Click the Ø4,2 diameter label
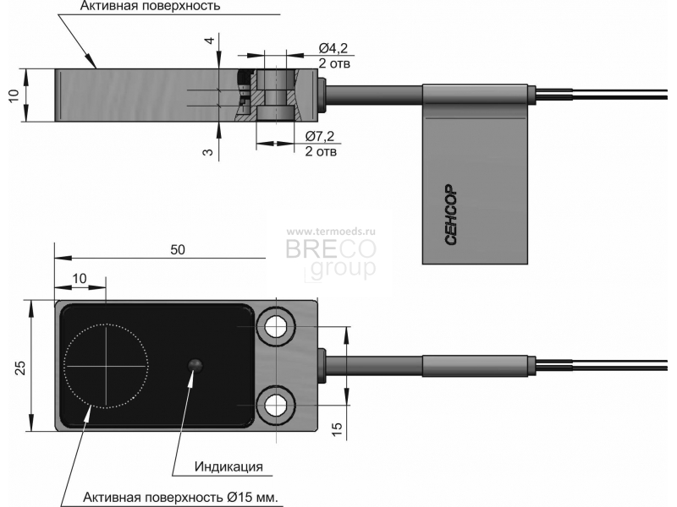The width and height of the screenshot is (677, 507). point(333,48)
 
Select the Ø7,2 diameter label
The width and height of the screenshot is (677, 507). point(320,136)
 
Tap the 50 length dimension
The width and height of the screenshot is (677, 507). point(178,249)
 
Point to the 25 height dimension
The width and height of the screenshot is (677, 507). point(20,367)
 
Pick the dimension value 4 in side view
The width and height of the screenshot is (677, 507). point(209,41)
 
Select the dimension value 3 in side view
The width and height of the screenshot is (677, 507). point(208,152)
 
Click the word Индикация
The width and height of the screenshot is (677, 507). point(228,466)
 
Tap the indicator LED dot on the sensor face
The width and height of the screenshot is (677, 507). point(195,365)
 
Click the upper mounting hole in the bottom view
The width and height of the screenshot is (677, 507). point(276,327)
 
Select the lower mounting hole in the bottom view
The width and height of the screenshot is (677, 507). point(276,406)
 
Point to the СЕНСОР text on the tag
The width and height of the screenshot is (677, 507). point(450,215)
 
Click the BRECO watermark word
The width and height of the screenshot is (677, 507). point(331,248)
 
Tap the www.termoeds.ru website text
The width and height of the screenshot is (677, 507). point(331,232)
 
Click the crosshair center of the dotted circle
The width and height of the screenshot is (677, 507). point(106,367)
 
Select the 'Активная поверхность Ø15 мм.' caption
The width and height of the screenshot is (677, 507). point(180,497)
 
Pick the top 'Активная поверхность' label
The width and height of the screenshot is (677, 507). point(151,6)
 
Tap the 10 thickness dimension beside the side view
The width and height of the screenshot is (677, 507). point(14,95)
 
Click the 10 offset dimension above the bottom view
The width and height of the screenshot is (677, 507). point(80,279)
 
